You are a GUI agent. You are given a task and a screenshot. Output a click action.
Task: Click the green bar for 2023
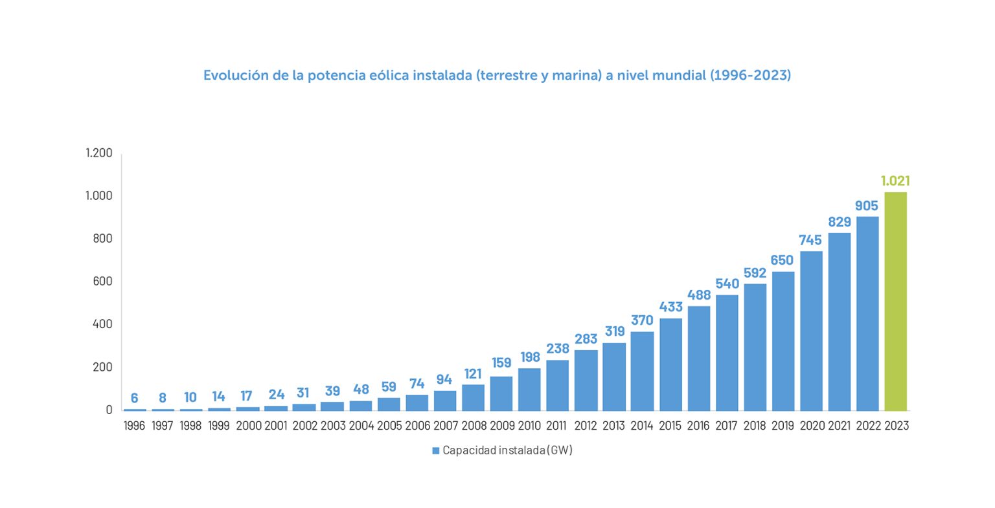(895, 301)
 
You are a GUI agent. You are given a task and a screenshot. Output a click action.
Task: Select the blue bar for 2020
(811, 331)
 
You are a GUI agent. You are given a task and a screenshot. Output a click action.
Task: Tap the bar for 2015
(670, 364)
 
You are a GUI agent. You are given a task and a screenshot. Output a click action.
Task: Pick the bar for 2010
(529, 389)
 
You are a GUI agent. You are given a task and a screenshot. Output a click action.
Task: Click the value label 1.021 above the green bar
(895, 181)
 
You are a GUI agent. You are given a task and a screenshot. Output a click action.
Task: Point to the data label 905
(867, 206)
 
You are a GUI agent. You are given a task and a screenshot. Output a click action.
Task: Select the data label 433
(670, 307)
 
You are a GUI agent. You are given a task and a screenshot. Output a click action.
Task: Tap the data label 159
(501, 363)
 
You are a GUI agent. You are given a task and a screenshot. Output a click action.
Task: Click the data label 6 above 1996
(135, 398)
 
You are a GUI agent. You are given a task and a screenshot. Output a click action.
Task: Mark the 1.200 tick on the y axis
(99, 153)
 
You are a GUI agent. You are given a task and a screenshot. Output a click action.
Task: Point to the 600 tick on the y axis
(102, 282)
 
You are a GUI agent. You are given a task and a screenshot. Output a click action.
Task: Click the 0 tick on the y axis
(109, 410)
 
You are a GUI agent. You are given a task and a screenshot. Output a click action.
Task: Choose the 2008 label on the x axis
(474, 426)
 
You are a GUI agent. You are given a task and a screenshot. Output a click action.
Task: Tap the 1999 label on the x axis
(219, 426)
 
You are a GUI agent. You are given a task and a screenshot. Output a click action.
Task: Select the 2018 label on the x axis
(755, 426)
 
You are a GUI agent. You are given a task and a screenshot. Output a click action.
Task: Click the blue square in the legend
(436, 450)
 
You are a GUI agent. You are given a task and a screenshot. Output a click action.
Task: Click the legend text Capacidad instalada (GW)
(507, 450)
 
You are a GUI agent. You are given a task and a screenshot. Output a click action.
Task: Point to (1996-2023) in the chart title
(751, 75)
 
